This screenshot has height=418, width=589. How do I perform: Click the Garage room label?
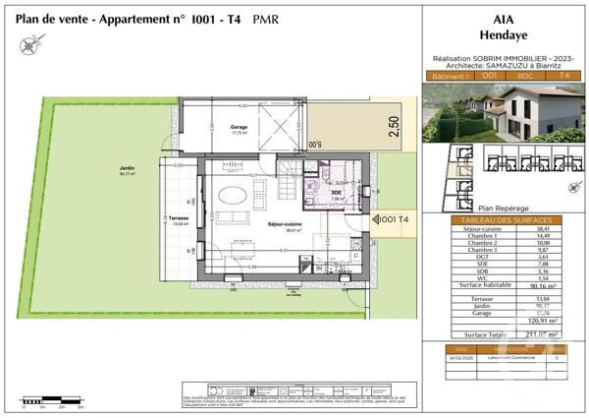click(x=238, y=128)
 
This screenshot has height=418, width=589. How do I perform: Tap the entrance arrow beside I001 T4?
click(x=376, y=218)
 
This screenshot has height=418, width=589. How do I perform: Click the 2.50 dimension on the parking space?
click(x=393, y=130)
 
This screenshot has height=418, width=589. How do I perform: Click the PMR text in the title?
click(x=263, y=19)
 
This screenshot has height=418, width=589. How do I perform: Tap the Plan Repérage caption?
click(x=499, y=208)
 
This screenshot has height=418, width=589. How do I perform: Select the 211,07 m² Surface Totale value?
click(x=535, y=333)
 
